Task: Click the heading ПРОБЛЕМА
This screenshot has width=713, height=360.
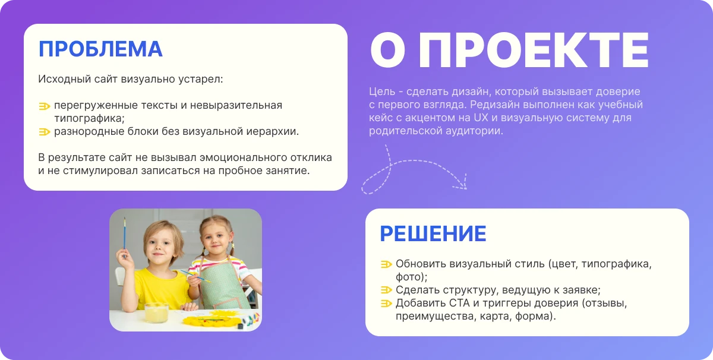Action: click(x=100, y=49)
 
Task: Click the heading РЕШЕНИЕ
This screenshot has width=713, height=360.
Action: click(x=433, y=233)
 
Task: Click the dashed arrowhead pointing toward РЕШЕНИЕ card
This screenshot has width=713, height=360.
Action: click(x=461, y=185)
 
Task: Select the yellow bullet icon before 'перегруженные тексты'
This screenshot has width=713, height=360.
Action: click(x=45, y=106)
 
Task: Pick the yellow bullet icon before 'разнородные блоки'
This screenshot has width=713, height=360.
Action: click(x=45, y=132)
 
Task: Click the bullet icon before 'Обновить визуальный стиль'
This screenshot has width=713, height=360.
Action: click(x=386, y=264)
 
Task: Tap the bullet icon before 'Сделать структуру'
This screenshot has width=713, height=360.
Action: click(x=386, y=290)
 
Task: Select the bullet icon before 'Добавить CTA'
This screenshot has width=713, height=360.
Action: click(x=386, y=304)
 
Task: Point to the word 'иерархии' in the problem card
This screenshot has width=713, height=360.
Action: click(x=276, y=132)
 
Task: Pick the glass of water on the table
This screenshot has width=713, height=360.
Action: click(x=155, y=311)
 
